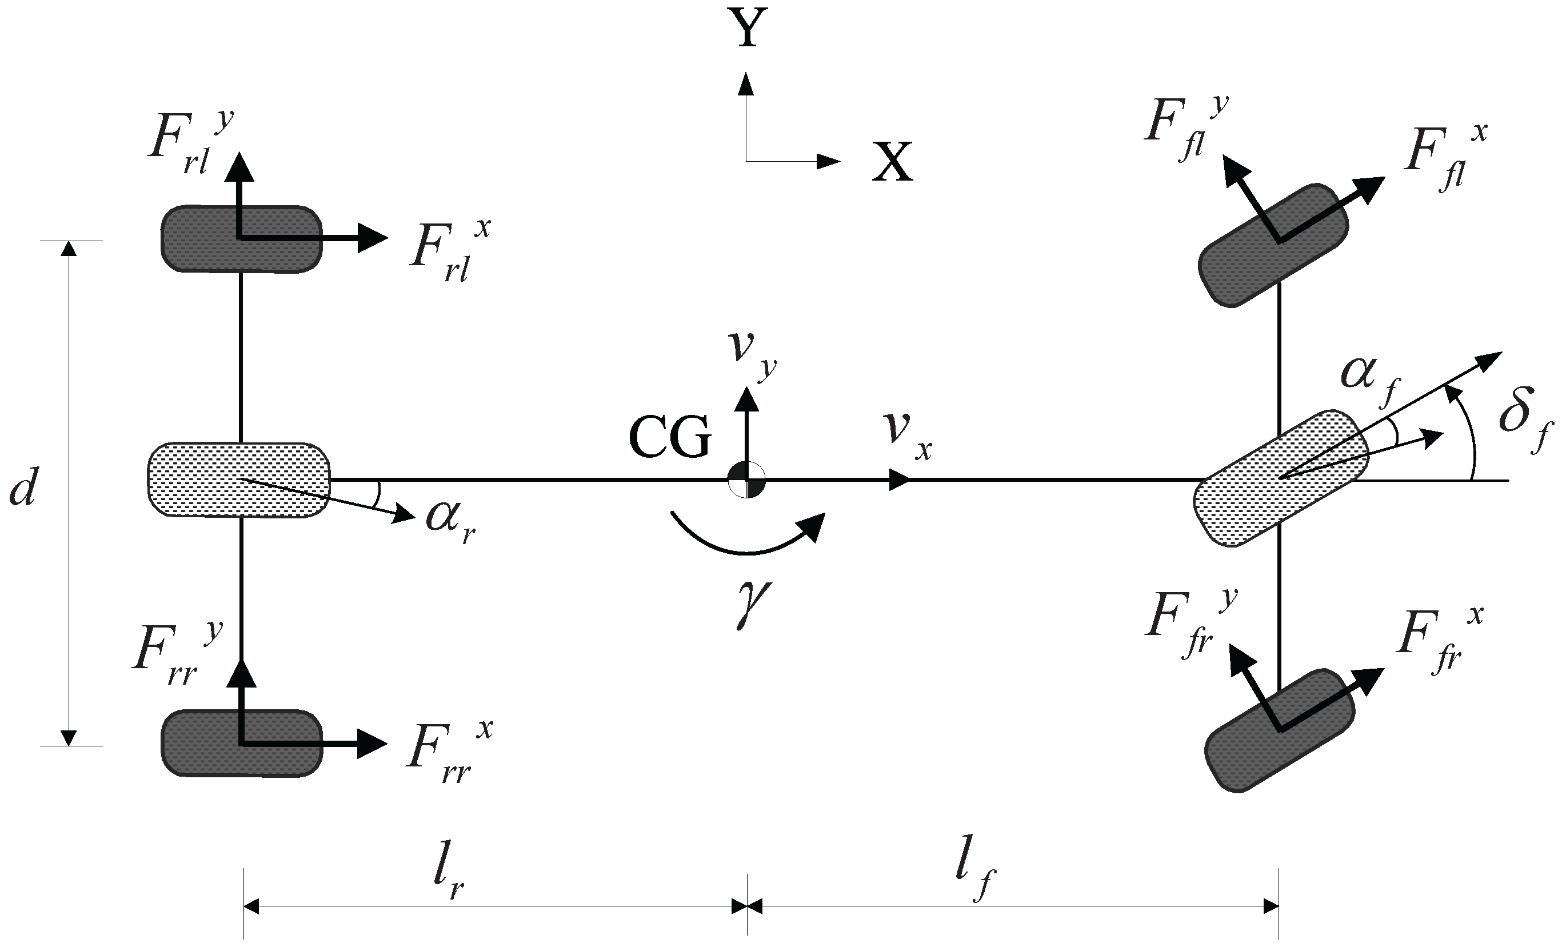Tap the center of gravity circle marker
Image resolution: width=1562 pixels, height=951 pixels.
pyautogui.click(x=747, y=480)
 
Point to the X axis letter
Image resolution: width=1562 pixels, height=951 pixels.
pyautogui.click(x=892, y=162)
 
